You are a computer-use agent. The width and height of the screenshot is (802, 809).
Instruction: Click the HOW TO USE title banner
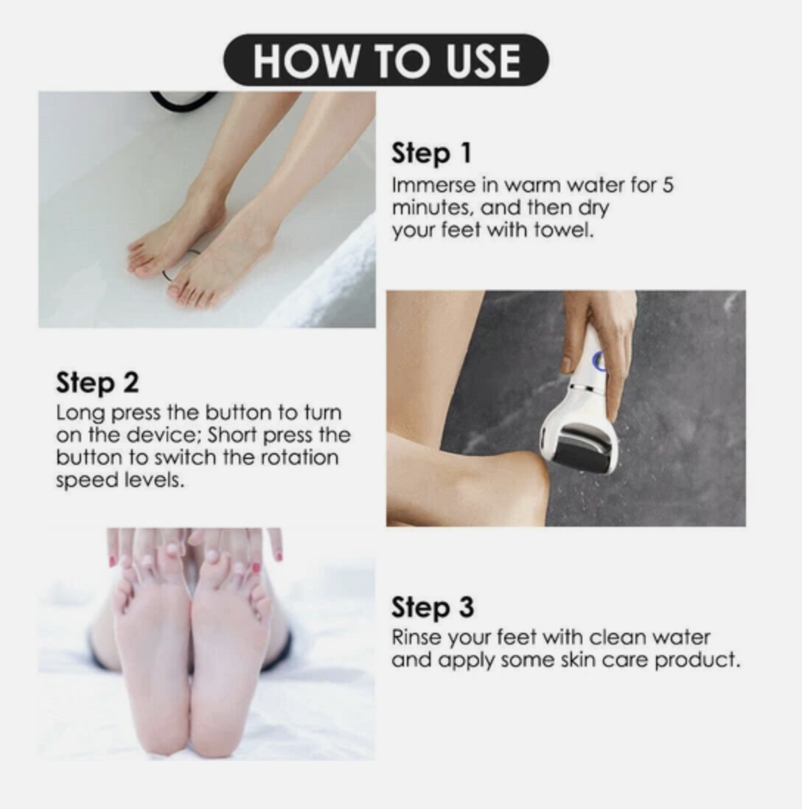[x=386, y=60]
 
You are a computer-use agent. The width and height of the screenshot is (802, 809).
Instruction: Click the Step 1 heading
[x=430, y=154]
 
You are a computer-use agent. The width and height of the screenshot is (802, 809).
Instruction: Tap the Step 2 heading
[x=97, y=383]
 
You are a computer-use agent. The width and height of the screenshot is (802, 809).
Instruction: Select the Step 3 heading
[x=432, y=608]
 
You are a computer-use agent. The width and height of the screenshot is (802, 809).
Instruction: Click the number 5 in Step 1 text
[x=667, y=185]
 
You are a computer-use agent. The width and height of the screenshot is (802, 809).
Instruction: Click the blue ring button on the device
[x=599, y=361]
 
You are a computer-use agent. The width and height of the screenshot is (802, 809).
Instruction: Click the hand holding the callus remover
[x=601, y=332]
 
